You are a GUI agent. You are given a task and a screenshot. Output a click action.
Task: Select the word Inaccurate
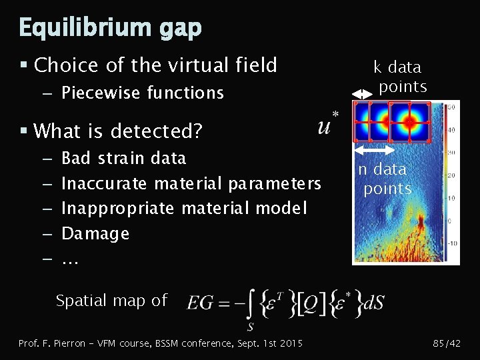point(105,183)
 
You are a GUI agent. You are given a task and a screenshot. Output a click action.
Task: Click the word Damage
point(95,233)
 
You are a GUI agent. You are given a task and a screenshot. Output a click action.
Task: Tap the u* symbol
point(327,124)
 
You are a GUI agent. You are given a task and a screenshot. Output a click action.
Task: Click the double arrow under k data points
point(361,95)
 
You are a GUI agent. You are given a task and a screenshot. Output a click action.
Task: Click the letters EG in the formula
point(201,303)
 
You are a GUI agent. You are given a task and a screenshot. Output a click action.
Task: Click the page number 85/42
point(446,343)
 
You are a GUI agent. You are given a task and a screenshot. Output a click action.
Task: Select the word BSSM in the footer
point(171,343)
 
